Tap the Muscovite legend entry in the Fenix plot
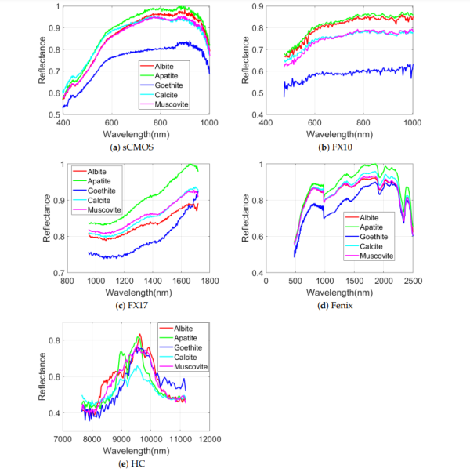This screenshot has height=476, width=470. pyautogui.click(x=382, y=256)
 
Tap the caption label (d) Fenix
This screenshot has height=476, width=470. pyautogui.click(x=339, y=305)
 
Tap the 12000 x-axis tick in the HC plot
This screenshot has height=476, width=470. pyautogui.click(x=208, y=438)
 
